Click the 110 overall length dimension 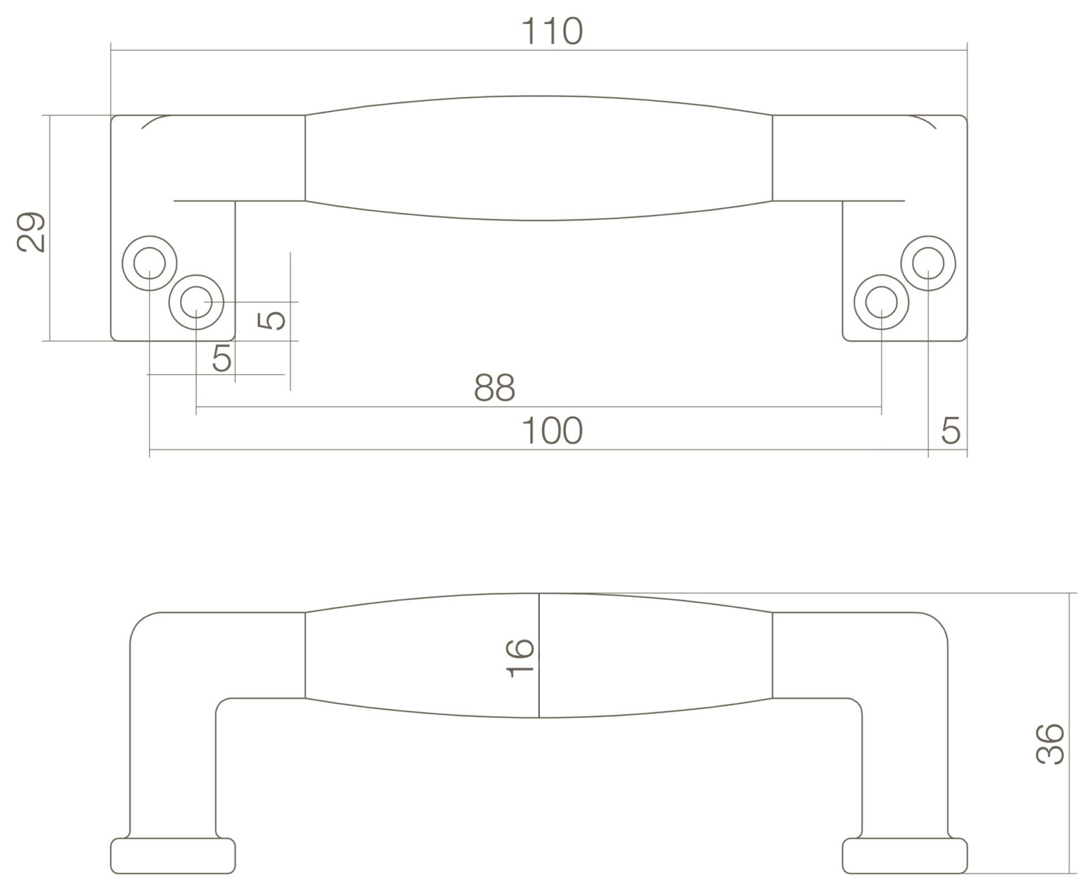point(552,32)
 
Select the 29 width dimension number point(30,232)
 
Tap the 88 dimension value point(494,388)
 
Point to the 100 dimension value point(552,430)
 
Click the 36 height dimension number point(1049,744)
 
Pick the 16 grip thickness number point(520,658)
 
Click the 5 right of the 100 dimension point(951,430)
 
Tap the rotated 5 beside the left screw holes point(271,320)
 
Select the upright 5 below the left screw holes point(221,357)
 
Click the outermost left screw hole point(150,263)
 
